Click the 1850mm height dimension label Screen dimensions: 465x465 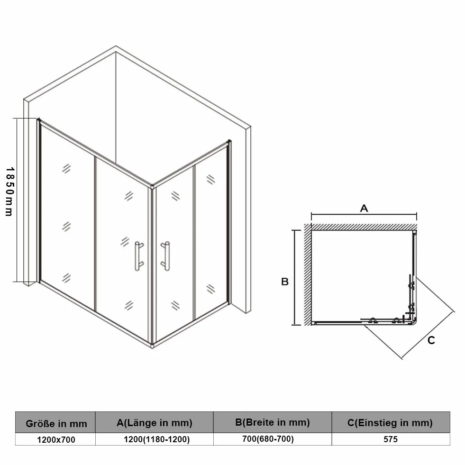click(10, 191)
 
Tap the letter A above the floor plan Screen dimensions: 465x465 click(364, 208)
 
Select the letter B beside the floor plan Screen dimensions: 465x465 click(285, 282)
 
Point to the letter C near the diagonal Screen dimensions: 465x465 click(431, 340)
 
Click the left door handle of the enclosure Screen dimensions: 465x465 click(138, 256)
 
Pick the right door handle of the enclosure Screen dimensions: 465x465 click(166, 256)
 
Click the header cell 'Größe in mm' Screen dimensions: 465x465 click(55, 422)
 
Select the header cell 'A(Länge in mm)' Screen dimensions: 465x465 click(154, 422)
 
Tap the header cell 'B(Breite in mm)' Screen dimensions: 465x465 click(272, 422)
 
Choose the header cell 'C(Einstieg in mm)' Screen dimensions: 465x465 click(391, 422)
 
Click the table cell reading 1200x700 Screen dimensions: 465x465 click(56, 439)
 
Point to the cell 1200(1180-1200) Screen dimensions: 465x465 click(156, 439)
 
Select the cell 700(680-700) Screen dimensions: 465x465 click(268, 438)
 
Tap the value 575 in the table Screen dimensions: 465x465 click(390, 439)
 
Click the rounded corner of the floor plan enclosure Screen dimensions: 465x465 click(415, 322)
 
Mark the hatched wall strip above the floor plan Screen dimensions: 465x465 click(364, 227)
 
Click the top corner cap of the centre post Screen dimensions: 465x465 click(152, 187)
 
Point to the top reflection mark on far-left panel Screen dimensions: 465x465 click(66, 168)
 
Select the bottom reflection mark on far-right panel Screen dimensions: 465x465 click(210, 289)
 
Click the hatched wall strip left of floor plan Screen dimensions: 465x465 click(308, 274)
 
